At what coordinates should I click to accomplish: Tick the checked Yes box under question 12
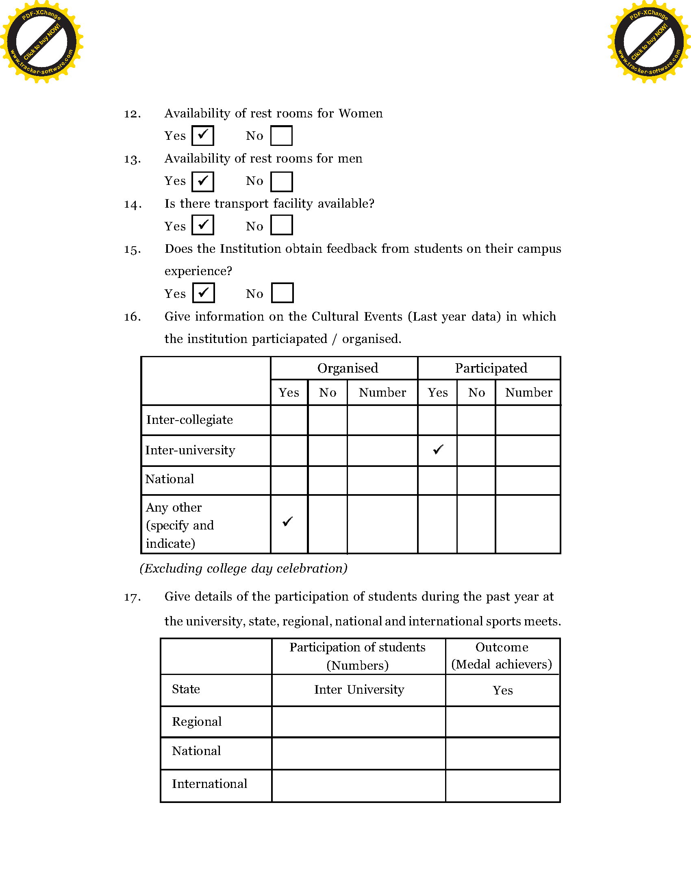click(203, 135)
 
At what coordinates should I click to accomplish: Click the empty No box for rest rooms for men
click(282, 181)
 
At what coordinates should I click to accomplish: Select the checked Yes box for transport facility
click(203, 225)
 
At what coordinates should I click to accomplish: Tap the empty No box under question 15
click(282, 293)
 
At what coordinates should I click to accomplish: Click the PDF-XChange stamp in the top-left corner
click(42, 41)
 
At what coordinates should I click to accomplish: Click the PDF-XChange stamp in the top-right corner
click(649, 41)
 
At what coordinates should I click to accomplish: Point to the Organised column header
click(348, 368)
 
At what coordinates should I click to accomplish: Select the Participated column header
click(491, 368)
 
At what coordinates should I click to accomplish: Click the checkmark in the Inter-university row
click(438, 449)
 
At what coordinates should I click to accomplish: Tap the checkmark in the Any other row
click(288, 521)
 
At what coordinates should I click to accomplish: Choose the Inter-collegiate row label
click(189, 420)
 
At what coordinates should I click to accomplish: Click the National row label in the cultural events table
click(169, 479)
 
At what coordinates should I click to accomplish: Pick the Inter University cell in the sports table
click(359, 690)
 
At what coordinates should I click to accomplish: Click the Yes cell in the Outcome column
click(503, 690)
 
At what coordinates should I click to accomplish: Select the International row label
click(210, 784)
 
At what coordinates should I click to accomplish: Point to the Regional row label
click(197, 722)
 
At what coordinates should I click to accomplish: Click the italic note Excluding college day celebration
click(243, 569)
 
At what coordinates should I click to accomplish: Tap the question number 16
click(133, 317)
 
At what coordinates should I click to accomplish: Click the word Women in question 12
click(361, 113)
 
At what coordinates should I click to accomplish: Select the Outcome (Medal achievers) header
click(502, 656)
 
